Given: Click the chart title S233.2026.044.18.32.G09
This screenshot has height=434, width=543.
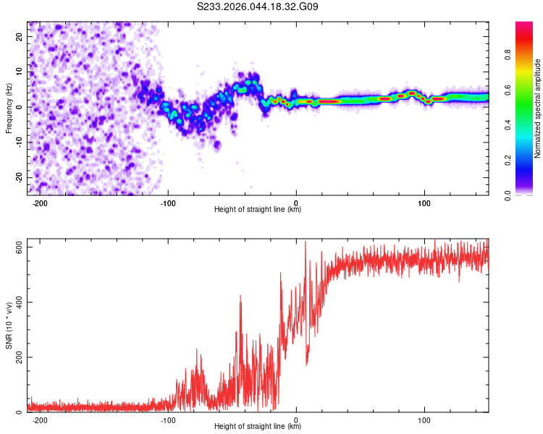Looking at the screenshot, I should [258, 7].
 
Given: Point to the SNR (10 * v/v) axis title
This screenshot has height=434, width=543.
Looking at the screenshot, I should [9, 325].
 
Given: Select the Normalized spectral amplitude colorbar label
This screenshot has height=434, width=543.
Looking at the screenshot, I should [538, 109].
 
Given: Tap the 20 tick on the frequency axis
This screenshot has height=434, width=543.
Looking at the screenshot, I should [19, 36].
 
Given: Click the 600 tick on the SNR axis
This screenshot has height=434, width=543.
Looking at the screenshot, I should [16, 247].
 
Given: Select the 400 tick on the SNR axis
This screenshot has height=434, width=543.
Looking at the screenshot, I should [16, 302].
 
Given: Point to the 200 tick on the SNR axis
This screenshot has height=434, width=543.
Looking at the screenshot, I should [16, 357].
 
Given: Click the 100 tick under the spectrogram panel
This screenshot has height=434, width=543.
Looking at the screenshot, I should [424, 203].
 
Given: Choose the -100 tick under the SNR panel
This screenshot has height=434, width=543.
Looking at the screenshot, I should [168, 420].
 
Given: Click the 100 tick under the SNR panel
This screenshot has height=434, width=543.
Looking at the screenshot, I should [424, 420].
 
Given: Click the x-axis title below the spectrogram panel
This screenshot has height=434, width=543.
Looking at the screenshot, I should [258, 210].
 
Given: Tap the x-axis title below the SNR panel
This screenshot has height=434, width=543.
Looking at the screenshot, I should [258, 427].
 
